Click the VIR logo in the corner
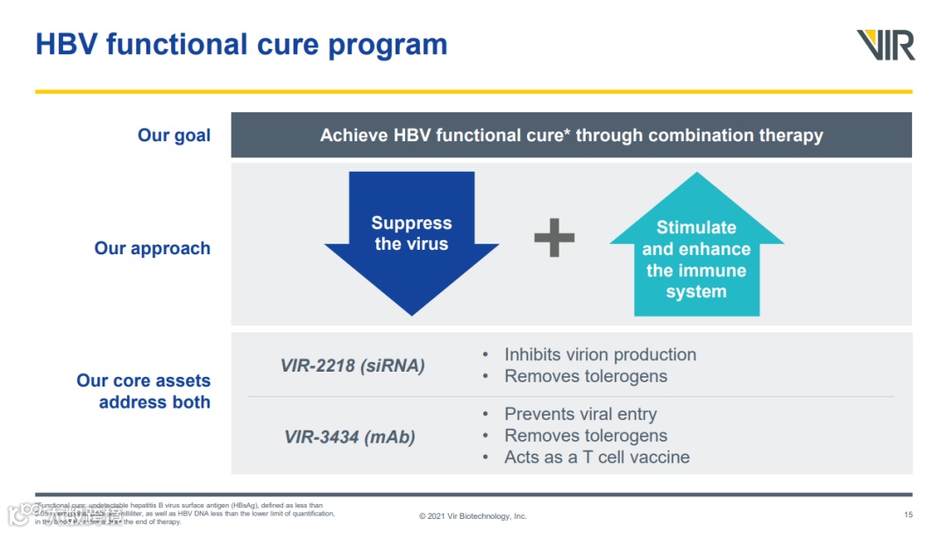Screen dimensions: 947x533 tap(886, 45)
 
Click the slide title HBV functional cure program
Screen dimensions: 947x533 tap(241, 45)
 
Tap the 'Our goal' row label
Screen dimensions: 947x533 tap(174, 136)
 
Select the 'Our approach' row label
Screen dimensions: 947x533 tap(153, 248)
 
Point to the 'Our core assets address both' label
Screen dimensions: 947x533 tap(144, 392)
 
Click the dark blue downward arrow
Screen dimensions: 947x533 tap(411, 241)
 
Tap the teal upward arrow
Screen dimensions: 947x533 tap(696, 250)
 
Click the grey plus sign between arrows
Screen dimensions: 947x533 tap(554, 238)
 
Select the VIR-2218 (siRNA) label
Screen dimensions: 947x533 tap(352, 366)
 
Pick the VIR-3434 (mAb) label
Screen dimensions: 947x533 tap(350, 437)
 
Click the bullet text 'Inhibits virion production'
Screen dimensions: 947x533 tap(600, 355)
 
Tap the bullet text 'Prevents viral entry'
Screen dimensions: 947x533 tap(580, 415)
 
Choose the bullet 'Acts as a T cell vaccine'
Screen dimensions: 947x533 tap(596, 457)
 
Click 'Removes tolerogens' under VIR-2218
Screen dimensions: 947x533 tap(586, 376)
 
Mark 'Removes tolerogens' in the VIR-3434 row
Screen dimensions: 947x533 tap(586, 436)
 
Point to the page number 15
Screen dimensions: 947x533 tap(908, 515)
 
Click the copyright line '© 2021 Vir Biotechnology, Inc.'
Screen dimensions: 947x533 tap(473, 516)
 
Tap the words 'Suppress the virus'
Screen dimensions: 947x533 tap(411, 234)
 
